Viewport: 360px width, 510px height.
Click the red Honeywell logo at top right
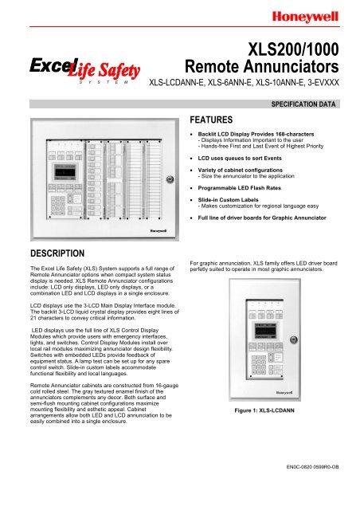tap(318, 14)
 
